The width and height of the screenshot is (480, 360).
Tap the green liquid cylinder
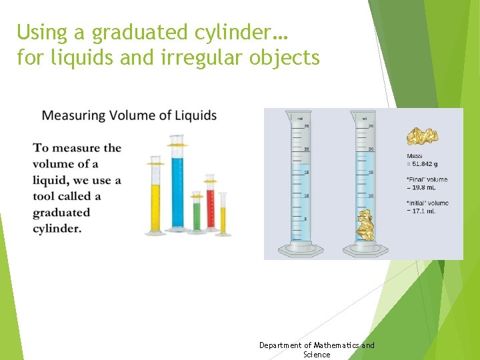pyautogui.click(x=197, y=217)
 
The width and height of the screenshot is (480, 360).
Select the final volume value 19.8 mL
pyautogui.click(x=423, y=187)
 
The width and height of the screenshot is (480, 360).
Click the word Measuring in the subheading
pyautogui.click(x=73, y=115)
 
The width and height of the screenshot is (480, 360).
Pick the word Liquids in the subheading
pyautogui.click(x=195, y=115)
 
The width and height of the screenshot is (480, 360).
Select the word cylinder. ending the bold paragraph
pyautogui.click(x=57, y=229)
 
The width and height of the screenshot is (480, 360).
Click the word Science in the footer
pyautogui.click(x=317, y=355)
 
